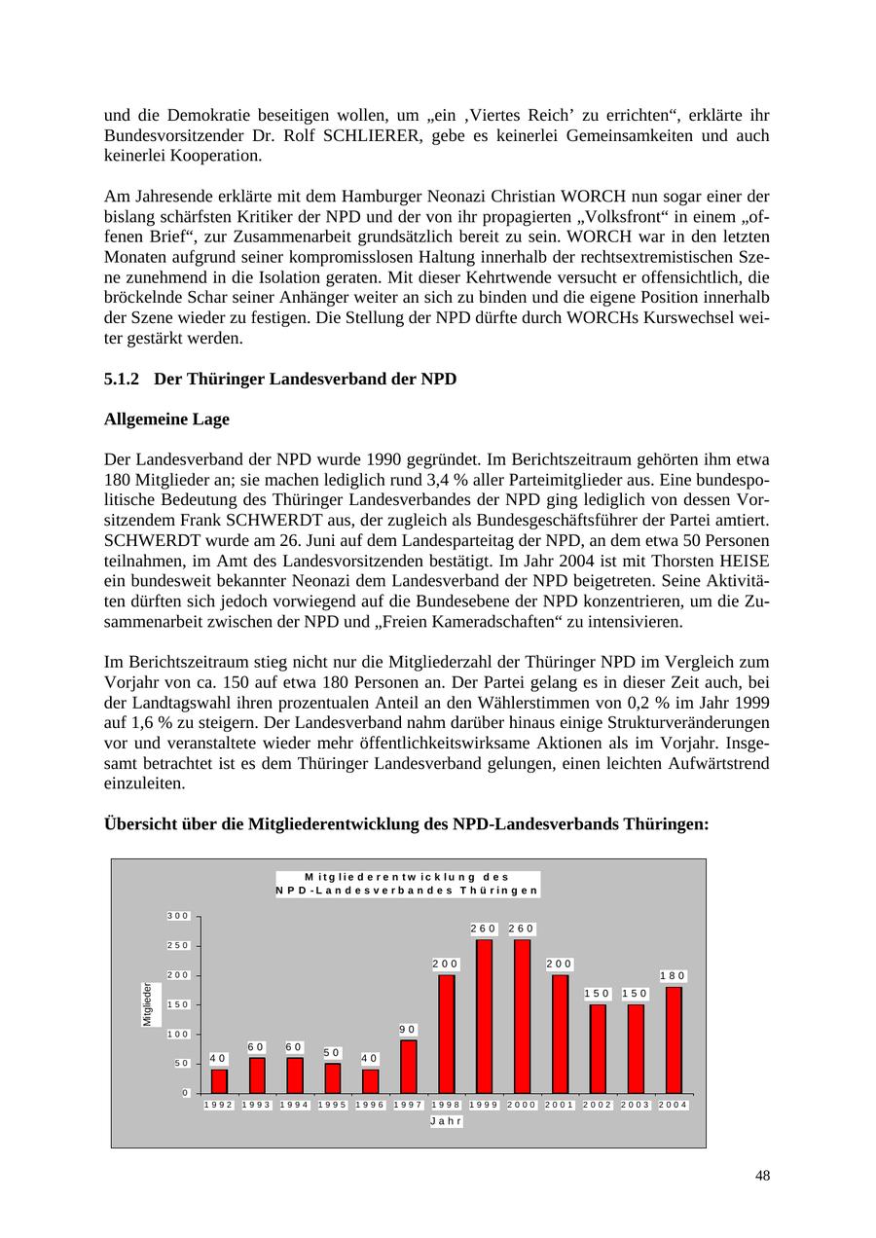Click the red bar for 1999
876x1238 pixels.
484,1016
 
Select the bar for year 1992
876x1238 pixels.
219,1081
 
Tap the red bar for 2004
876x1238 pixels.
674,1039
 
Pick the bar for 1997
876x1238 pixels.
409,1067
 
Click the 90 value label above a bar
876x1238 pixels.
408,1029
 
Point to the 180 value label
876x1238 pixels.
673,975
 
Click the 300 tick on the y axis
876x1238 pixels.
177,916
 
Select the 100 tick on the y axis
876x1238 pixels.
177,1034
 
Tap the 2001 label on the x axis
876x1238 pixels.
560,1105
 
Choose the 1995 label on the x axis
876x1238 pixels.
333,1105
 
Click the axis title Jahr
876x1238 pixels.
446,1121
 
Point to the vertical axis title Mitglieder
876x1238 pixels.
148,1003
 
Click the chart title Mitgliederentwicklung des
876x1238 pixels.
407,877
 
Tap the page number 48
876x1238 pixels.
762,1176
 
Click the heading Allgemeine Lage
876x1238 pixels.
166,419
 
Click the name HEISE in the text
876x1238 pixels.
743,561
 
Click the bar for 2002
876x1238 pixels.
598,1048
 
